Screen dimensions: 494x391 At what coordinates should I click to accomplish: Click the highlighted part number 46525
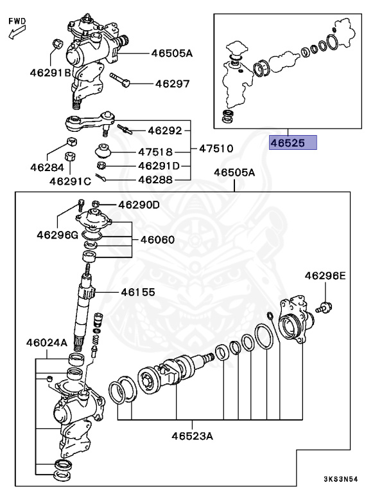coord(293,142)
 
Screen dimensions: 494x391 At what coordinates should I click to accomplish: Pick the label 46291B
coord(50,73)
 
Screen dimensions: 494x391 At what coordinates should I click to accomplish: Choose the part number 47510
coord(216,149)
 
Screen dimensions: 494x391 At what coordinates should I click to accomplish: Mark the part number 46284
coord(46,167)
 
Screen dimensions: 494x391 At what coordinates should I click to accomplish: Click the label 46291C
coord(71,181)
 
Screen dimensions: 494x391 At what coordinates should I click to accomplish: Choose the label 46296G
coord(56,235)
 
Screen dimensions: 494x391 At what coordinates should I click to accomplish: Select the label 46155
coord(138,292)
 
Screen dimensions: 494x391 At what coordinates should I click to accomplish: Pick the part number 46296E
coord(325,276)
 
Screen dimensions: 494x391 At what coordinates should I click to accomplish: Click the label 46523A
coord(192,436)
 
